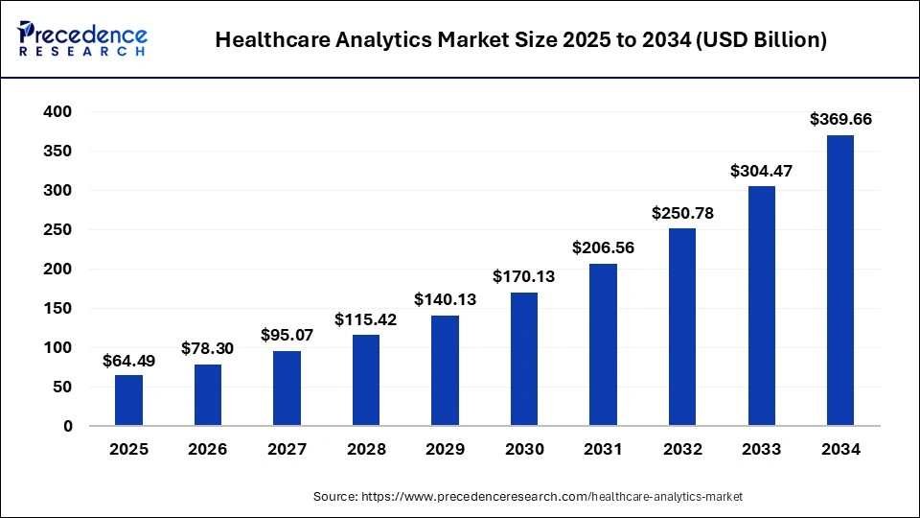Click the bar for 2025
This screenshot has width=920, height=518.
pos(128,400)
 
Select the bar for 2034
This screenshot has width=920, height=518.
pos(839,280)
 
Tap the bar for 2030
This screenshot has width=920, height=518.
pos(524,359)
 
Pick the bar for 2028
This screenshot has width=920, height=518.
pos(366,380)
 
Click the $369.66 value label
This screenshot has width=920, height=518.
pos(840,120)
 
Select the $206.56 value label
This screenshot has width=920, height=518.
pos(603,247)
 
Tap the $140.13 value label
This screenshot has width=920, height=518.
pos(445,299)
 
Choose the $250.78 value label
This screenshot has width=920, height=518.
pos(682,212)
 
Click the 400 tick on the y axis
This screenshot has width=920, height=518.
pos(58,112)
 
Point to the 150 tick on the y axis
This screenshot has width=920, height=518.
pos(58,309)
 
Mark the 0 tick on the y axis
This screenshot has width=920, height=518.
pos(67,427)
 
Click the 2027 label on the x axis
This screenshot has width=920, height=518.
pos(287,449)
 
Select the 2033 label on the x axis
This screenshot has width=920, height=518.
pos(761,449)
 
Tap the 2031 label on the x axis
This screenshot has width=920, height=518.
pos(603,449)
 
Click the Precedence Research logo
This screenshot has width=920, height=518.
pos(82,39)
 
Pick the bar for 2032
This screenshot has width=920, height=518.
pos(682,327)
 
